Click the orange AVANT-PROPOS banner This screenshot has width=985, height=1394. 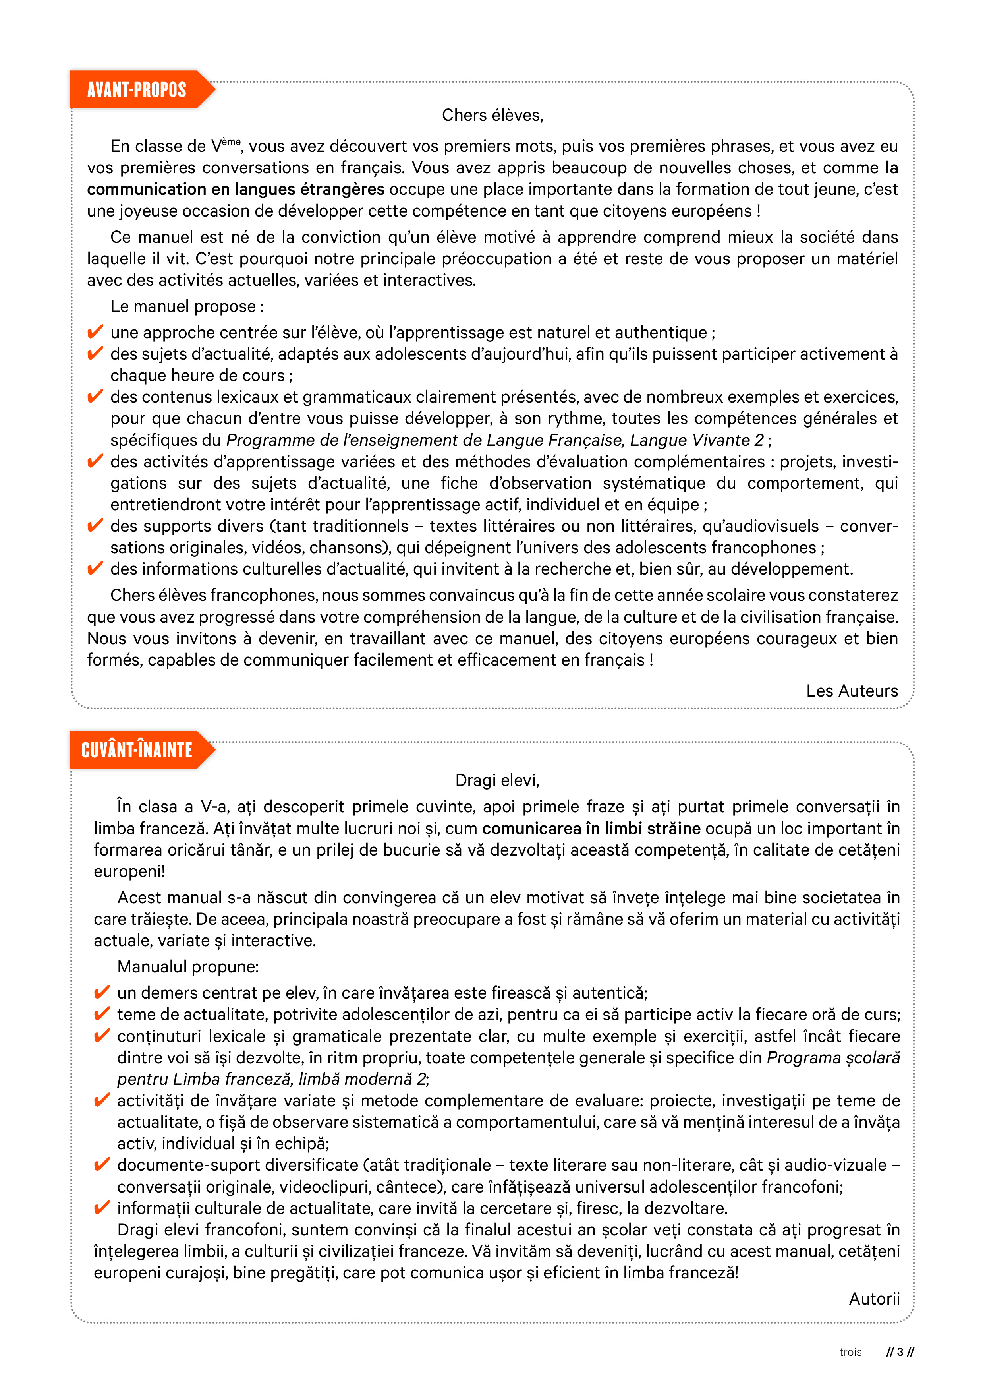(x=137, y=90)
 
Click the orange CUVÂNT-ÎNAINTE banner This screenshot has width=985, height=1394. (x=137, y=750)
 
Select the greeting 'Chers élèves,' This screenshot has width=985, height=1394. (x=492, y=115)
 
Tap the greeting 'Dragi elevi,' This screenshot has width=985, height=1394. (x=497, y=780)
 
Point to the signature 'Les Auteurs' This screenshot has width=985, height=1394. (x=852, y=691)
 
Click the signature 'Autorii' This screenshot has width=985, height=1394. (x=874, y=1299)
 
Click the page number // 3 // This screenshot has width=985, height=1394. (x=900, y=1352)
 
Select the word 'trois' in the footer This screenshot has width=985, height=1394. (x=850, y=1352)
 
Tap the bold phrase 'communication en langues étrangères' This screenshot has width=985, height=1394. (x=236, y=190)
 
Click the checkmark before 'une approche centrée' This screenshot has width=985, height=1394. (x=95, y=332)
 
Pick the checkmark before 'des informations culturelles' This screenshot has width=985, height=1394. (x=95, y=569)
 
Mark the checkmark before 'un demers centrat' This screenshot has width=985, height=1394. (x=102, y=993)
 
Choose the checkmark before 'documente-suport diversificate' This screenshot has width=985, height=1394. (x=102, y=1164)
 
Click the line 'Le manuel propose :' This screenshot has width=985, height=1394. (x=187, y=307)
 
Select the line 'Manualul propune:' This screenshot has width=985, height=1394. (x=188, y=966)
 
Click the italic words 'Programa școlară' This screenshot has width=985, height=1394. (x=832, y=1058)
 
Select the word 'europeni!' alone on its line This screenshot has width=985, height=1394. (x=129, y=872)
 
